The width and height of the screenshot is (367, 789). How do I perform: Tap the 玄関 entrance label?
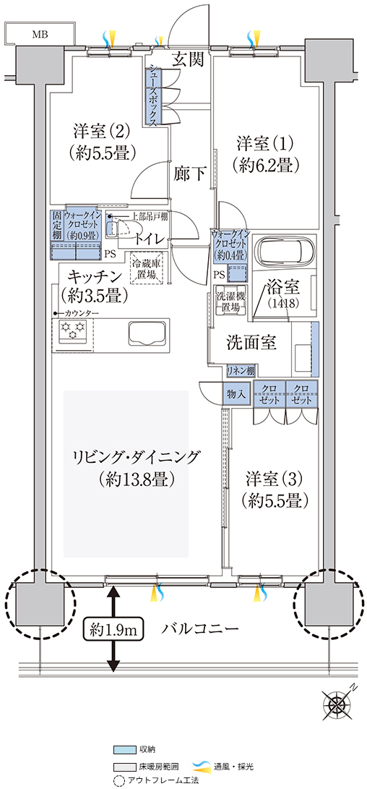189,60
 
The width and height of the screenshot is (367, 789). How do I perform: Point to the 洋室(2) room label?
102,132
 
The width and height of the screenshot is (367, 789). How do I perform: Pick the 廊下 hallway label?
189,174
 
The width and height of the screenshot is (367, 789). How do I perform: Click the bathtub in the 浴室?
285,249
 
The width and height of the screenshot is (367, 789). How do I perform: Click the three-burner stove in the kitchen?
72,330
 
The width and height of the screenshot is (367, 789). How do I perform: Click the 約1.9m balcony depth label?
111,628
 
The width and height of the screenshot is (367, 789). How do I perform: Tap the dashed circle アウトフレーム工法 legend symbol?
118,781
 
